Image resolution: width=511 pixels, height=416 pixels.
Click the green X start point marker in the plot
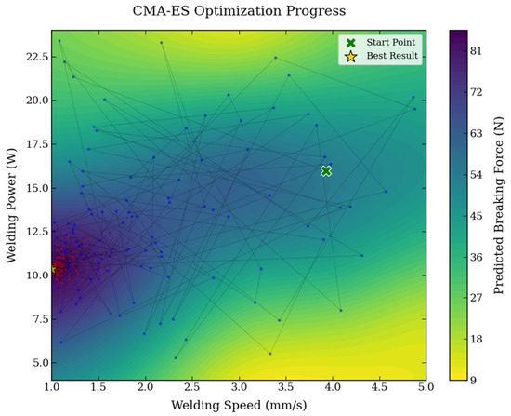[326, 171]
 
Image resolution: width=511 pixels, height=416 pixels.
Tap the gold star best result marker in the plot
[54, 269]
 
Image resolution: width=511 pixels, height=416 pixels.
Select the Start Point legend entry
[380, 43]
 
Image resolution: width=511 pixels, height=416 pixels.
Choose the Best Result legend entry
[381, 56]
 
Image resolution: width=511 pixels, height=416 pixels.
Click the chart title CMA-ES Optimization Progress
[239, 11]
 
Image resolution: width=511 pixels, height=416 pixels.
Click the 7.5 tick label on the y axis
[40, 319]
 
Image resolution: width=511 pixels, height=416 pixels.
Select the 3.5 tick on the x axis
[286, 387]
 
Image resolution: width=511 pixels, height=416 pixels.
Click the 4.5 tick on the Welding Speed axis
[379, 387]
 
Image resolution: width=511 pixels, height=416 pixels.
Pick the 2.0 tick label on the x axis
[145, 387]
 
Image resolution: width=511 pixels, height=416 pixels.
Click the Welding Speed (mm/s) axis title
[239, 405]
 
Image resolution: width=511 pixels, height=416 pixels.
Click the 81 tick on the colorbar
[476, 51]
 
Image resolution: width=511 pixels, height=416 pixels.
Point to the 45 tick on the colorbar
[476, 216]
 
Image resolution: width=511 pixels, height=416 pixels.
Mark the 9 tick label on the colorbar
[473, 381]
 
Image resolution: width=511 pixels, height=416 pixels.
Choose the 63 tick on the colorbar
[476, 133]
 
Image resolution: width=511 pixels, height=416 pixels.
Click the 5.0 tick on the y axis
[40, 363]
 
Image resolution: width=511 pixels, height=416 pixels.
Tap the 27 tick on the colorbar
[476, 298]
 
